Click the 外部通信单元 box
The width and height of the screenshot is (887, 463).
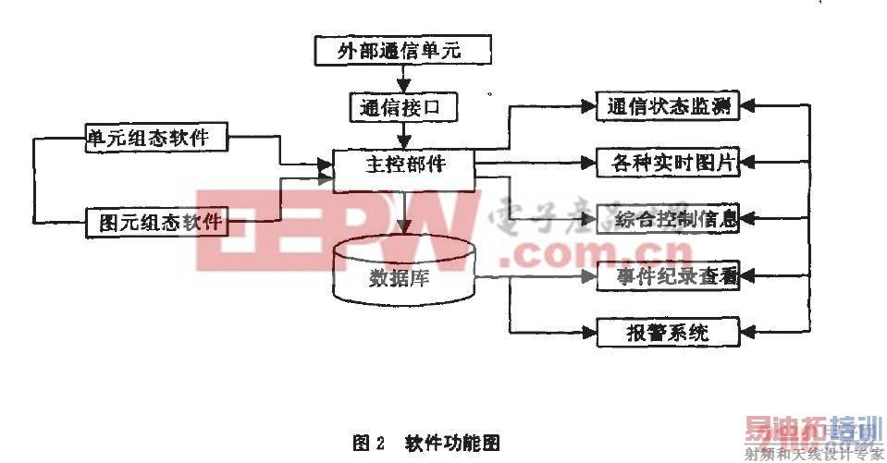click(400, 50)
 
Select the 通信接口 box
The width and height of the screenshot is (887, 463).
click(403, 108)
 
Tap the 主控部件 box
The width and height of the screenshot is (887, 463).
click(403, 165)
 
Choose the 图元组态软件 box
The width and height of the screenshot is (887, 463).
click(159, 222)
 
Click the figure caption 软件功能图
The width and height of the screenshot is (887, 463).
click(451, 442)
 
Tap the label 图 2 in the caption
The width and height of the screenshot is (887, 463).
click(368, 442)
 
